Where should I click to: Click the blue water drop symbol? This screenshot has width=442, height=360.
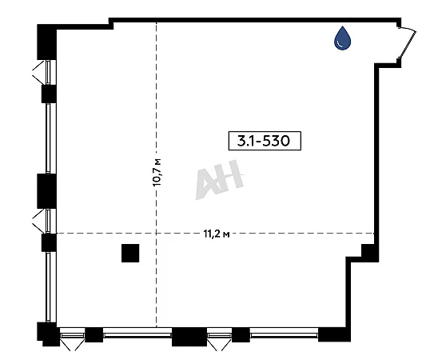tap(342, 38)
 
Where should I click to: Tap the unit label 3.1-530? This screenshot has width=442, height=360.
tap(265, 141)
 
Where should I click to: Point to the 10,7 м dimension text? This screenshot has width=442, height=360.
tap(157, 172)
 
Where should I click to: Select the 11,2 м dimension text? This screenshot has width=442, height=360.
tap(217, 234)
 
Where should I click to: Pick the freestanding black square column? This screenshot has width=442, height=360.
tap(130, 253)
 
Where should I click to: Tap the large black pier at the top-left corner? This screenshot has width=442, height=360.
tap(47, 42)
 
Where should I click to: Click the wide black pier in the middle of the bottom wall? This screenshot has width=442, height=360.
tap(189, 337)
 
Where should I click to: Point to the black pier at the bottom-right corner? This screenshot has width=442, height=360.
tap(334, 334)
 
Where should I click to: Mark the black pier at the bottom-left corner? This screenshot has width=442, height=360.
tap(48, 334)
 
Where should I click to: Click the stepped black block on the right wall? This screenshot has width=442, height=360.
tap(370, 253)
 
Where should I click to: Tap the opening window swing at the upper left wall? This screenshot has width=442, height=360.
tap(39, 73)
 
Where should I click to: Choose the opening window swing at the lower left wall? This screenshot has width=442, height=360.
tap(39, 221)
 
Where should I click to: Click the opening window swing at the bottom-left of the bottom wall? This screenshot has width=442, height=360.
tap(73, 345)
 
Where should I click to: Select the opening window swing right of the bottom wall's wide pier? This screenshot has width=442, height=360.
tap(219, 345)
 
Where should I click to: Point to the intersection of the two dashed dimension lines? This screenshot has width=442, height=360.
tap(157, 234)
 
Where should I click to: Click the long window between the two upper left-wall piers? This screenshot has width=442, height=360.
tap(48, 138)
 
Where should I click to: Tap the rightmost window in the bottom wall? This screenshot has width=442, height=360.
tap(284, 335)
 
